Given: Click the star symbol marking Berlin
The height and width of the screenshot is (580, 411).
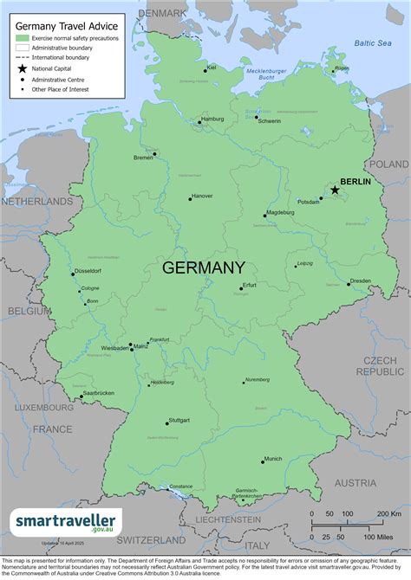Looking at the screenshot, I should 335,190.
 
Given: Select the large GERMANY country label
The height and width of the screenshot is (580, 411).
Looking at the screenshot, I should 204,267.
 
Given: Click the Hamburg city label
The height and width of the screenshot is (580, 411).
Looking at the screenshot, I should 212,119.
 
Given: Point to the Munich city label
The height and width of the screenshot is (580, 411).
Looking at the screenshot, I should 273,459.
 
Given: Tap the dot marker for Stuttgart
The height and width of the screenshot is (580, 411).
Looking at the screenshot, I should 166,423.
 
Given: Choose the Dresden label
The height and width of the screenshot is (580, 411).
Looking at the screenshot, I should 362,280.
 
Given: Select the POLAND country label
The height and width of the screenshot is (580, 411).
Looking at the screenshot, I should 388,164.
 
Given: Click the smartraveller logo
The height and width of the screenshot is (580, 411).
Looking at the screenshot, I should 68,522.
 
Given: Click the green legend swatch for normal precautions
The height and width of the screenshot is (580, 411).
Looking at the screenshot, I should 23,38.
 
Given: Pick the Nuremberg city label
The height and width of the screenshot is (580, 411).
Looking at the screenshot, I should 258,380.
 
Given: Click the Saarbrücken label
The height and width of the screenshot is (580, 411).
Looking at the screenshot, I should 98,394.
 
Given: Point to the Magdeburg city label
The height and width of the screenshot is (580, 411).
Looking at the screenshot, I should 279,212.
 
